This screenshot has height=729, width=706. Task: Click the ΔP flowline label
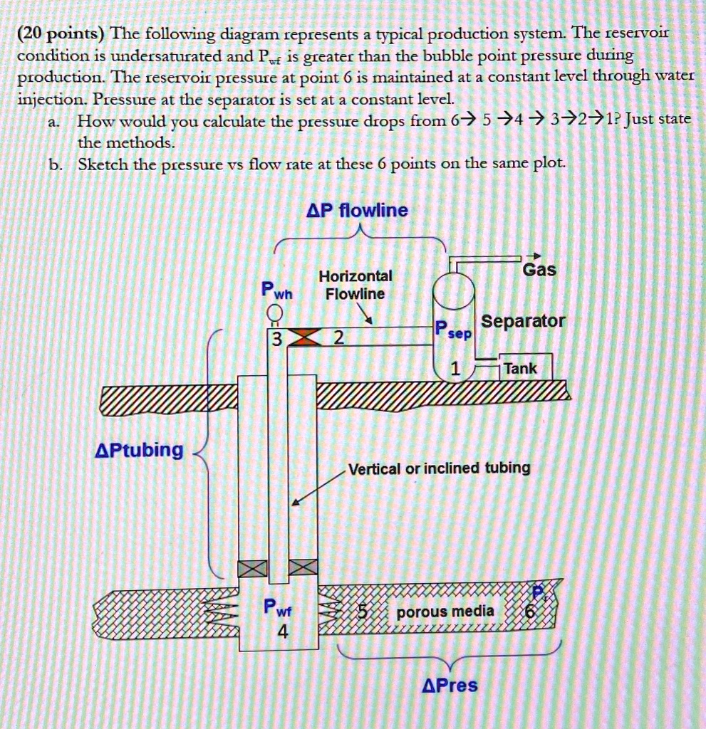pyautogui.click(x=357, y=211)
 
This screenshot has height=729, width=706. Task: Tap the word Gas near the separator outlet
pyautogui.click(x=539, y=270)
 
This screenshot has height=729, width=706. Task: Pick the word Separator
pyautogui.click(x=524, y=321)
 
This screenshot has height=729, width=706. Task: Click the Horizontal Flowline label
pyautogui.click(x=355, y=285)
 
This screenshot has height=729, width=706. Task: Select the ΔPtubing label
pyautogui.click(x=140, y=450)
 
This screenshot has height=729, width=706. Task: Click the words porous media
pyautogui.click(x=445, y=612)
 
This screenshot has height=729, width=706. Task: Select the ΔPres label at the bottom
pyautogui.click(x=450, y=686)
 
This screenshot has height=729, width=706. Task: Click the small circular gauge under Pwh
pyautogui.click(x=272, y=313)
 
